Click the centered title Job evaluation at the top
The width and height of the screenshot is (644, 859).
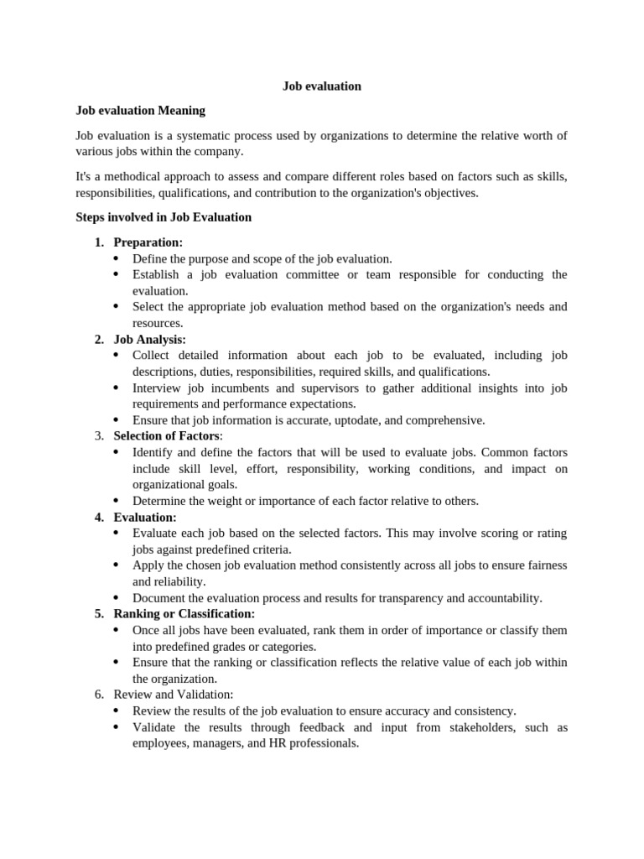321,86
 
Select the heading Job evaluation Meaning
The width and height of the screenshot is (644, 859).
140,110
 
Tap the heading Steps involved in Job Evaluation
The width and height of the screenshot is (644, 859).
164,216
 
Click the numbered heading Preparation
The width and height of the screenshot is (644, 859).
148,242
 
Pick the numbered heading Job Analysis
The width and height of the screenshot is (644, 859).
149,339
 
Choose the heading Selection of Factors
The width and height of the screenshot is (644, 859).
168,435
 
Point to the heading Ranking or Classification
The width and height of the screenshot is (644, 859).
184,613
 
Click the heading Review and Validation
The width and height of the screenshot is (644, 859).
174,694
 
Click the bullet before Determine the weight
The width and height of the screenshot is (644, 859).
116,501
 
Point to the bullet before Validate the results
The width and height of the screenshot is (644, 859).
116,727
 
